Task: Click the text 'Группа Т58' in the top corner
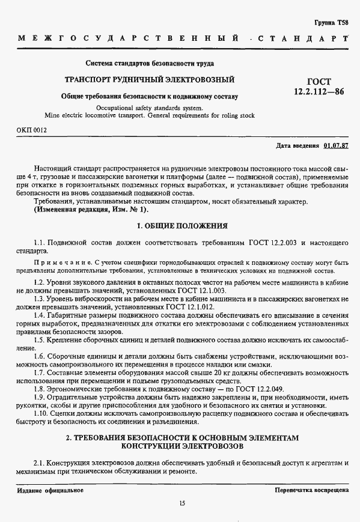click(331, 22)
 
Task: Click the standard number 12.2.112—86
click(319, 92)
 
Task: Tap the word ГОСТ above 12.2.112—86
click(319, 82)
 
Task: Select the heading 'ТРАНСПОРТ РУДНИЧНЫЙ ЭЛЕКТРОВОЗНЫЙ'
click(150, 80)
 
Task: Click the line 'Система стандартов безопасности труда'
click(150, 62)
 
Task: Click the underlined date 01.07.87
click(336, 145)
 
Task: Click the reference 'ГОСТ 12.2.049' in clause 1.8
click(258, 389)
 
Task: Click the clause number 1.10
click(41, 413)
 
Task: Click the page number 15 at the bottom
click(182, 503)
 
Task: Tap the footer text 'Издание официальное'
click(50, 490)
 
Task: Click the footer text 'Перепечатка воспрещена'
click(311, 490)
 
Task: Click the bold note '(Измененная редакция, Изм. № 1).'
click(90, 210)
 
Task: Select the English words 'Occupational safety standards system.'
click(150, 108)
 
